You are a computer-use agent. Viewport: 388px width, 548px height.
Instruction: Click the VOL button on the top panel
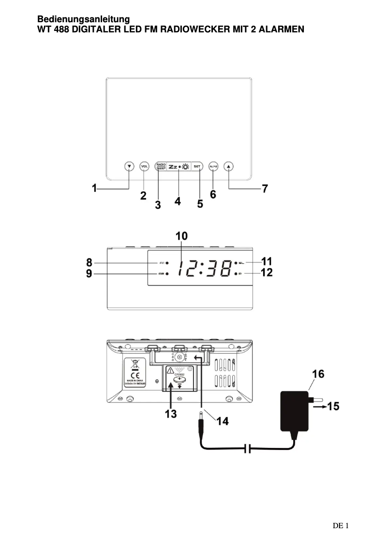[144, 166]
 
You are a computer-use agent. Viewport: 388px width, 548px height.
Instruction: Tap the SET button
[197, 166]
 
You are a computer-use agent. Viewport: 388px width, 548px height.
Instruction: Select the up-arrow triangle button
[229, 166]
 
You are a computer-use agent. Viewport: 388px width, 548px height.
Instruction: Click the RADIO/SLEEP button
[161, 166]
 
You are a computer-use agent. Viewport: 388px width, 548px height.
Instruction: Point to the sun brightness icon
[185, 167]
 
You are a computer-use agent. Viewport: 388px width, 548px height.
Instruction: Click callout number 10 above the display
[181, 236]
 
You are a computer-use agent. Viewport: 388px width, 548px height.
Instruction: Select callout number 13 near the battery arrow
[170, 414]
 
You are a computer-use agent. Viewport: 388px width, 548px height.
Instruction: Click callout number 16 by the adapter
[317, 374]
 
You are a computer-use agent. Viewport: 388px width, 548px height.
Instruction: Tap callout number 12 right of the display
[267, 273]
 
